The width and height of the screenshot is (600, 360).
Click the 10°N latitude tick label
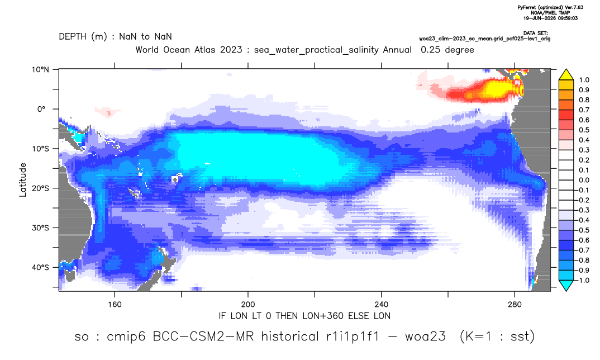pyautogui.click(x=40, y=70)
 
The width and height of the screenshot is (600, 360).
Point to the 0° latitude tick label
pyautogui.click(x=42, y=109)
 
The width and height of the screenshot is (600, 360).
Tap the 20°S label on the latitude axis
pyautogui.click(x=40, y=188)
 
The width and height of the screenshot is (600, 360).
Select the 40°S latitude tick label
pyautogui.click(x=40, y=267)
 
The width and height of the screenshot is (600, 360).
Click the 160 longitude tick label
pyautogui.click(x=115, y=305)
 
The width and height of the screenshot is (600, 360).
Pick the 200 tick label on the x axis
pyautogui.click(x=248, y=305)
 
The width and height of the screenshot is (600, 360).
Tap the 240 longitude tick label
pyautogui.click(x=381, y=305)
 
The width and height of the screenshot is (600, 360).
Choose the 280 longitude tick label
pyautogui.click(x=515, y=305)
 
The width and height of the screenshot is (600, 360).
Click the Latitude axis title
pyautogui.click(x=22, y=180)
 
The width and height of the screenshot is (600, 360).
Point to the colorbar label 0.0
pyautogui.click(x=584, y=180)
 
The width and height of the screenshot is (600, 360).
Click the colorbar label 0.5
pyautogui.click(x=584, y=130)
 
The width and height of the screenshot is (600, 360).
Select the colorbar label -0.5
pyautogui.click(x=582, y=230)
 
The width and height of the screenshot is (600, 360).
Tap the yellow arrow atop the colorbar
pyautogui.click(x=566, y=75)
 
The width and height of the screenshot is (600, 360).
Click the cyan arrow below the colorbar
pyautogui.click(x=566, y=285)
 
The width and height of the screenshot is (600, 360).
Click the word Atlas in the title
pyautogui.click(x=231, y=50)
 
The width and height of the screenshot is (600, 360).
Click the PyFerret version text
pyautogui.click(x=550, y=8)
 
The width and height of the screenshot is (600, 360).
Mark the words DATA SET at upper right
pyautogui.click(x=535, y=34)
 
